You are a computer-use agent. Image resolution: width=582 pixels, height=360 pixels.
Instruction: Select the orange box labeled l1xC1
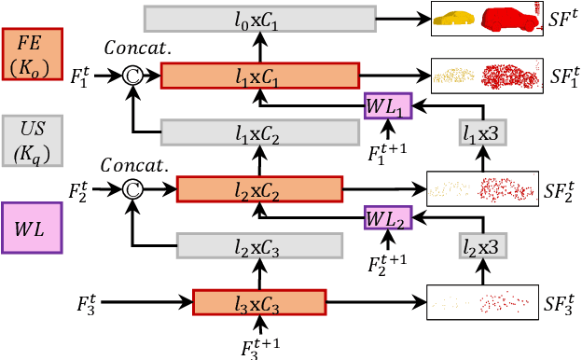point(260,76)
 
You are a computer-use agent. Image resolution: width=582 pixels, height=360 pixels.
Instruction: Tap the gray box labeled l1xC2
point(260,133)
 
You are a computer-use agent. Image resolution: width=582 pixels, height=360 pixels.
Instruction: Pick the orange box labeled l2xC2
point(260,190)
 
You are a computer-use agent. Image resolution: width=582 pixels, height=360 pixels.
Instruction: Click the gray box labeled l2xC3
point(260,245)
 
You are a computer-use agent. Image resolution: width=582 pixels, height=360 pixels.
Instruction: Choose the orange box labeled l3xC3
point(259,303)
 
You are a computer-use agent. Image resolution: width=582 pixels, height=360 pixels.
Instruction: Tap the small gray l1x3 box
point(482,133)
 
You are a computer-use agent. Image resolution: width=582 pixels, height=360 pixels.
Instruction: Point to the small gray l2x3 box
point(482,245)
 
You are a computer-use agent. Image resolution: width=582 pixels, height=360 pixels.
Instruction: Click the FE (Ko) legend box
point(33,55)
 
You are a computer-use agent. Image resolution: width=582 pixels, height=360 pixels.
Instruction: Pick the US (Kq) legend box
point(33,139)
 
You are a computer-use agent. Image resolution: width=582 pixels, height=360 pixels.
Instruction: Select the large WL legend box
point(33,228)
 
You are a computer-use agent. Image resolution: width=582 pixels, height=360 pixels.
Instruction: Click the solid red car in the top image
point(511,19)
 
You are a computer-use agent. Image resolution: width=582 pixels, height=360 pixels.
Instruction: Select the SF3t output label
point(561,305)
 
